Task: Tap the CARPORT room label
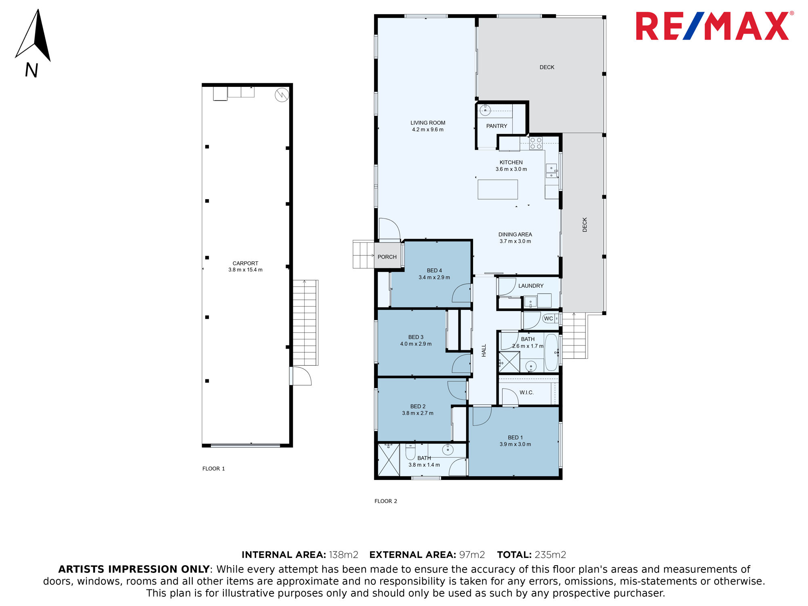[245, 263]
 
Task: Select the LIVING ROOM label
[428, 123]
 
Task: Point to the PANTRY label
[497, 126]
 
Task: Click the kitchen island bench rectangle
[498, 189]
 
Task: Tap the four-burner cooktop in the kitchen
[536, 143]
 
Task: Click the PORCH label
[387, 257]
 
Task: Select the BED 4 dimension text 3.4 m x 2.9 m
[434, 278]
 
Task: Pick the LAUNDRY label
[531, 286]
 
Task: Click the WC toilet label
[548, 318]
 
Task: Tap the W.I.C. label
[526, 392]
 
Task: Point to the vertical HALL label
[484, 350]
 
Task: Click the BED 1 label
[515, 438]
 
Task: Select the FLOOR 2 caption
[386, 501]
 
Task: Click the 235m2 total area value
[550, 555]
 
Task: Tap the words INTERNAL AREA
[284, 555]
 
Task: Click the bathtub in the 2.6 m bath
[551, 352]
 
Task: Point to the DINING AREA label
[515, 234]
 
